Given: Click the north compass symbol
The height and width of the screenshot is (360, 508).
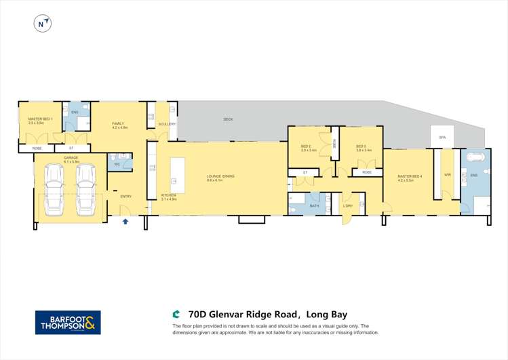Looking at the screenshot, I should click(x=43, y=24).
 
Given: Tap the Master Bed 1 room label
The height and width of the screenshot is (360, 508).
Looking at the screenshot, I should click(x=35, y=121).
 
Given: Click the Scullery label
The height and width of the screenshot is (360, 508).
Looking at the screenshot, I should click(x=167, y=124).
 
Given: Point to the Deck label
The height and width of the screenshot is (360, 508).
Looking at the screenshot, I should click(x=228, y=119).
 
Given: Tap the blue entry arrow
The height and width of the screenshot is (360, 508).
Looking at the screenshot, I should click(x=125, y=221).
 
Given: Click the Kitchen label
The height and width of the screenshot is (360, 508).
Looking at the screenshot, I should click(x=168, y=197).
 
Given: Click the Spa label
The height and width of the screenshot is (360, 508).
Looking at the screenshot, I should click(x=442, y=138).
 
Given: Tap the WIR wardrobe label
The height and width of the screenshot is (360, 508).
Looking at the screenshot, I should click(x=447, y=175).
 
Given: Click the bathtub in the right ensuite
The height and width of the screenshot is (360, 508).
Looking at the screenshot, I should click(x=474, y=161).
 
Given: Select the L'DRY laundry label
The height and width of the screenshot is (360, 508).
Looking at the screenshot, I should click(x=348, y=205).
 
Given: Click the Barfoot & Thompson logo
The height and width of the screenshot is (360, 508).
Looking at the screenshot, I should click(x=68, y=322).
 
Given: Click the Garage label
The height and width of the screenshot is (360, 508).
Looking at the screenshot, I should click(x=71, y=159).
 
